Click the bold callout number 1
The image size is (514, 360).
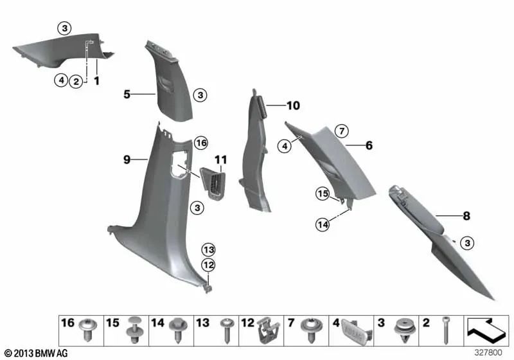[x=97, y=82]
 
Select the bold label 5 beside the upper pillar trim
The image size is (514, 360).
[x=127, y=94]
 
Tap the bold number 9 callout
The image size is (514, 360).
[x=127, y=157]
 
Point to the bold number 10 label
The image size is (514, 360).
[x=293, y=105]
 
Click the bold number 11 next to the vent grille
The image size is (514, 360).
[x=221, y=159]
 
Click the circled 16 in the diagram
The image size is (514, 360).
[x=201, y=142]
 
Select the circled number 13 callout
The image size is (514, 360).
[x=208, y=249]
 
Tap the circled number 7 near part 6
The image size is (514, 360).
[x=342, y=131]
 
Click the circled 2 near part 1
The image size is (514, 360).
[x=76, y=82]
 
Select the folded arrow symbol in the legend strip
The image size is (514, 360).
[x=486, y=330]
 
